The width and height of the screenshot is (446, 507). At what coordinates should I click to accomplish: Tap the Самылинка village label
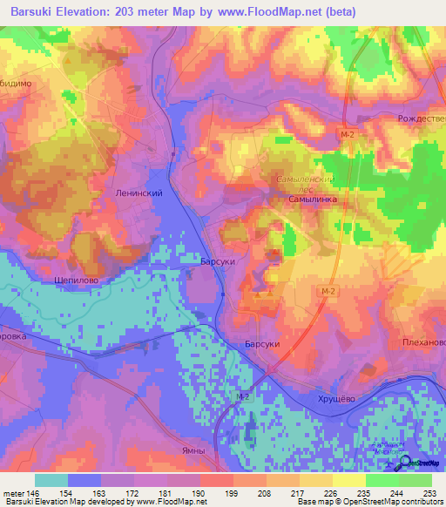point(313,199)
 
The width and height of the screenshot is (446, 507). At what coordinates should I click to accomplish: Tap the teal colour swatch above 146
point(51,480)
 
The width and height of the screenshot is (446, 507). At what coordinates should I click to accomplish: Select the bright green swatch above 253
point(416,480)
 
